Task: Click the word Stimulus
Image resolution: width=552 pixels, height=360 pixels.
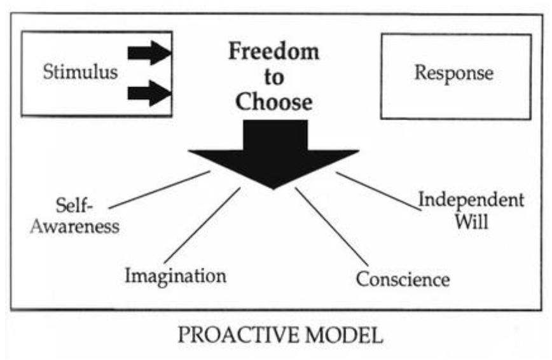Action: coord(80,71)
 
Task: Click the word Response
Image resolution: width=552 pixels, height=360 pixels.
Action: coord(453,73)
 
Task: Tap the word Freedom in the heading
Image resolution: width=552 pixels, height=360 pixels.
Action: coord(274,52)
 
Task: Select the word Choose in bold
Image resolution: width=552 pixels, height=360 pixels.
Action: coord(274,102)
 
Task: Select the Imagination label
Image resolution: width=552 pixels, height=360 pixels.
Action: coord(175,275)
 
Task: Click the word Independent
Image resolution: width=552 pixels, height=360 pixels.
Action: coord(471,200)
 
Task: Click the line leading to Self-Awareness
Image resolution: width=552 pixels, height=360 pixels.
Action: coord(159,190)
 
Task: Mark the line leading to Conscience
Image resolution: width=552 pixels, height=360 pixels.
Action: coord(331,226)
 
